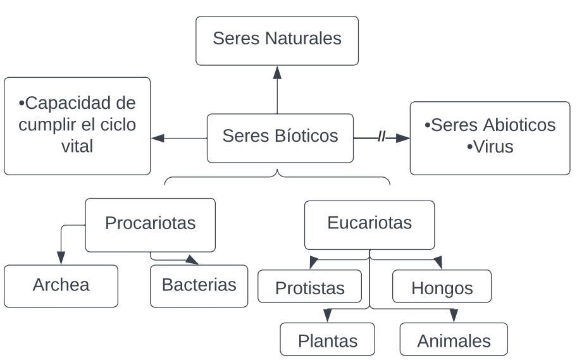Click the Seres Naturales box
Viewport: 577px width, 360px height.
(x=277, y=40)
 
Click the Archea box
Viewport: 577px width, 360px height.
(x=61, y=286)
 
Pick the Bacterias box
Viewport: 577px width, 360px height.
(x=199, y=286)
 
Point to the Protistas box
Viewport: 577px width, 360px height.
(x=309, y=289)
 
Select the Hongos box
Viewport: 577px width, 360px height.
(x=442, y=289)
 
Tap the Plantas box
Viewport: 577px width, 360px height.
(x=327, y=341)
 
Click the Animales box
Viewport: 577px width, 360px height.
(x=454, y=341)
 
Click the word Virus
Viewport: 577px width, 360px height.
(x=490, y=147)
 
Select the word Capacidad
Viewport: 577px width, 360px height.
(x=80, y=103)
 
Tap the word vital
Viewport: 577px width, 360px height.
(x=77, y=147)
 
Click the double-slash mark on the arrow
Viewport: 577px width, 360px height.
(x=382, y=137)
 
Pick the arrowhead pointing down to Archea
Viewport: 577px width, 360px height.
(x=61, y=258)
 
